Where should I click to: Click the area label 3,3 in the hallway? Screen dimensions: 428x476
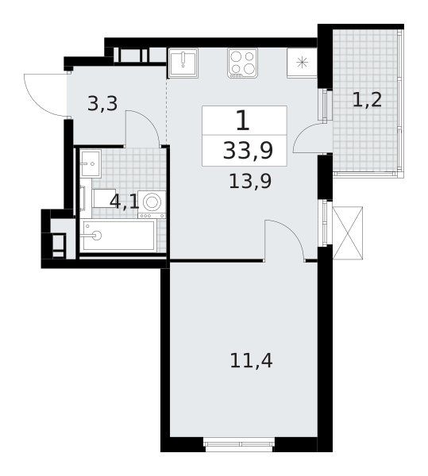tap(102, 103)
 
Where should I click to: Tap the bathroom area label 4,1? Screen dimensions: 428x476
tap(124, 202)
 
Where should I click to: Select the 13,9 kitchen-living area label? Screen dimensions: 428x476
tap(250, 182)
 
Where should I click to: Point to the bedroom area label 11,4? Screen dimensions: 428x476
tap(251, 361)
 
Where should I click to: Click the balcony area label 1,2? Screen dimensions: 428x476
tap(367, 99)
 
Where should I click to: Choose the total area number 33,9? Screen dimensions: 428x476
tap(248, 151)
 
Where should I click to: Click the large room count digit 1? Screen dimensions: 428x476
tap(243, 121)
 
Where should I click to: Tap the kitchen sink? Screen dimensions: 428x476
tap(183, 63)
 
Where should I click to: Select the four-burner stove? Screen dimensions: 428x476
tap(243, 63)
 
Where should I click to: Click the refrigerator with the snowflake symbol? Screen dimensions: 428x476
tap(302, 63)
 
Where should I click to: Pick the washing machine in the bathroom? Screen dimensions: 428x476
tap(152, 205)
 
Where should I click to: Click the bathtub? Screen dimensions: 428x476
tap(119, 236)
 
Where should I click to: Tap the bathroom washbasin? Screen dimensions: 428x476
tap(91, 163)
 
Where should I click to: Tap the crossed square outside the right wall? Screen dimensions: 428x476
tap(348, 232)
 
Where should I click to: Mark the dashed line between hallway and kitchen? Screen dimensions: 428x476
tap(167, 111)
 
